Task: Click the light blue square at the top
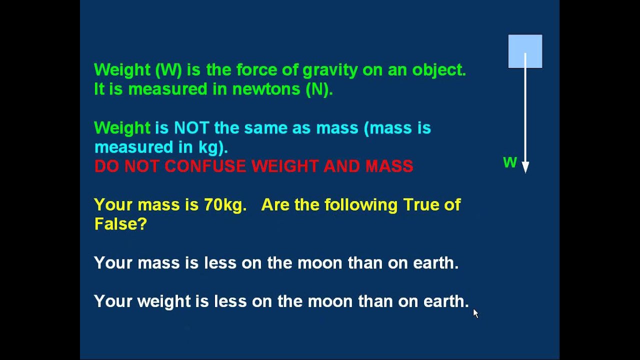(525, 51)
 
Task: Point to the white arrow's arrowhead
(525, 167)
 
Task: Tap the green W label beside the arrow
(509, 162)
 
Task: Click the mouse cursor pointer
(475, 313)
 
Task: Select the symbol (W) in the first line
(168, 70)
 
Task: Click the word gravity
(330, 70)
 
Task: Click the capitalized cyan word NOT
(191, 128)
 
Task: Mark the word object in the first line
(438, 70)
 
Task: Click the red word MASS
(389, 166)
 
